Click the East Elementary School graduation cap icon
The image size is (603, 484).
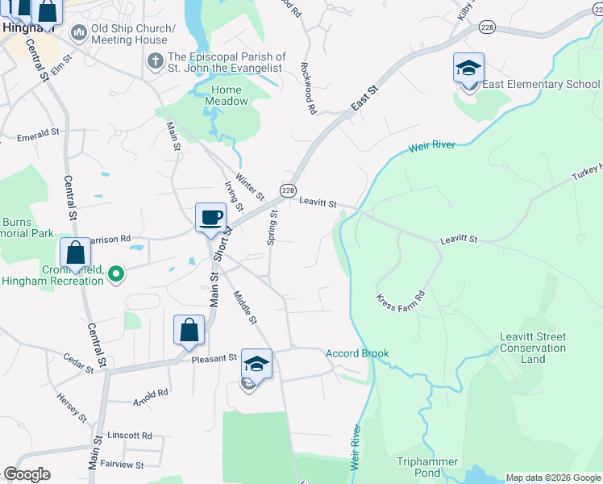click(468, 68)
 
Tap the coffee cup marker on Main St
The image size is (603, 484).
click(210, 217)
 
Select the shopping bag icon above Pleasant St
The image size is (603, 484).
click(189, 329)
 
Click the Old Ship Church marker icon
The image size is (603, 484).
click(79, 33)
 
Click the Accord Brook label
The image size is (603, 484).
click(357, 353)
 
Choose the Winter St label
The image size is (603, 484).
click(249, 186)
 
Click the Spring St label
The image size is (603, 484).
click(272, 227)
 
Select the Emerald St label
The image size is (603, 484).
click(38, 133)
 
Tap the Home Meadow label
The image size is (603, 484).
click(230, 95)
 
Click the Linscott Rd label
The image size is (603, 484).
click(130, 436)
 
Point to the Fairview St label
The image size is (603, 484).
click(122, 465)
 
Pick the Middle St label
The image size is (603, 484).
click(244, 307)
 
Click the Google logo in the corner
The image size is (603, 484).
click(27, 474)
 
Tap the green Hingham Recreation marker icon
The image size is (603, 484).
click(116, 274)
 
